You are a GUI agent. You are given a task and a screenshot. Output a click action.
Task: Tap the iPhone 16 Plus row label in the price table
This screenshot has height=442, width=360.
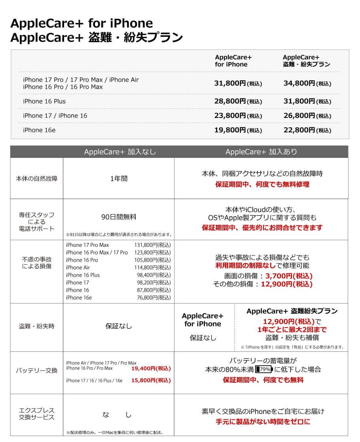coord(44,101)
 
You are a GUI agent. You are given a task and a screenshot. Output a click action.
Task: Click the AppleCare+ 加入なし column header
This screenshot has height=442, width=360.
coord(120,152)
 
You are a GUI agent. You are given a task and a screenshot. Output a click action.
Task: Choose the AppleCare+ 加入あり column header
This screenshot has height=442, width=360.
coord(261,152)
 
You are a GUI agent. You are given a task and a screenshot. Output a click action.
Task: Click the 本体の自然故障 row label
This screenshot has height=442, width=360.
coord(37,178)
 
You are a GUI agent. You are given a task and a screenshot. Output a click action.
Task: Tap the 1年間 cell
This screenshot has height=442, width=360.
coord(119,178)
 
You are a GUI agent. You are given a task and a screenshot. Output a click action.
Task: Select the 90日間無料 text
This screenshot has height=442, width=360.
coord(119,217)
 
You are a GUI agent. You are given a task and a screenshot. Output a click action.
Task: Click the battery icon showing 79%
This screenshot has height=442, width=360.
coord(264,370)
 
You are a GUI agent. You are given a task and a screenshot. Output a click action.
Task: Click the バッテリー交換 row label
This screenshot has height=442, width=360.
coord(37,371)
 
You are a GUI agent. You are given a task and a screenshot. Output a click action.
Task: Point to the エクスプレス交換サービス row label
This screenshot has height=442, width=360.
coord(37,414)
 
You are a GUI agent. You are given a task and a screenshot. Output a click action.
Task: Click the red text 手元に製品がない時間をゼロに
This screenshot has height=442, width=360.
coord(263,422)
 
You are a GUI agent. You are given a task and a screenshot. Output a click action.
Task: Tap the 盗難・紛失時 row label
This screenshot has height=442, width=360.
coord(37,326)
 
